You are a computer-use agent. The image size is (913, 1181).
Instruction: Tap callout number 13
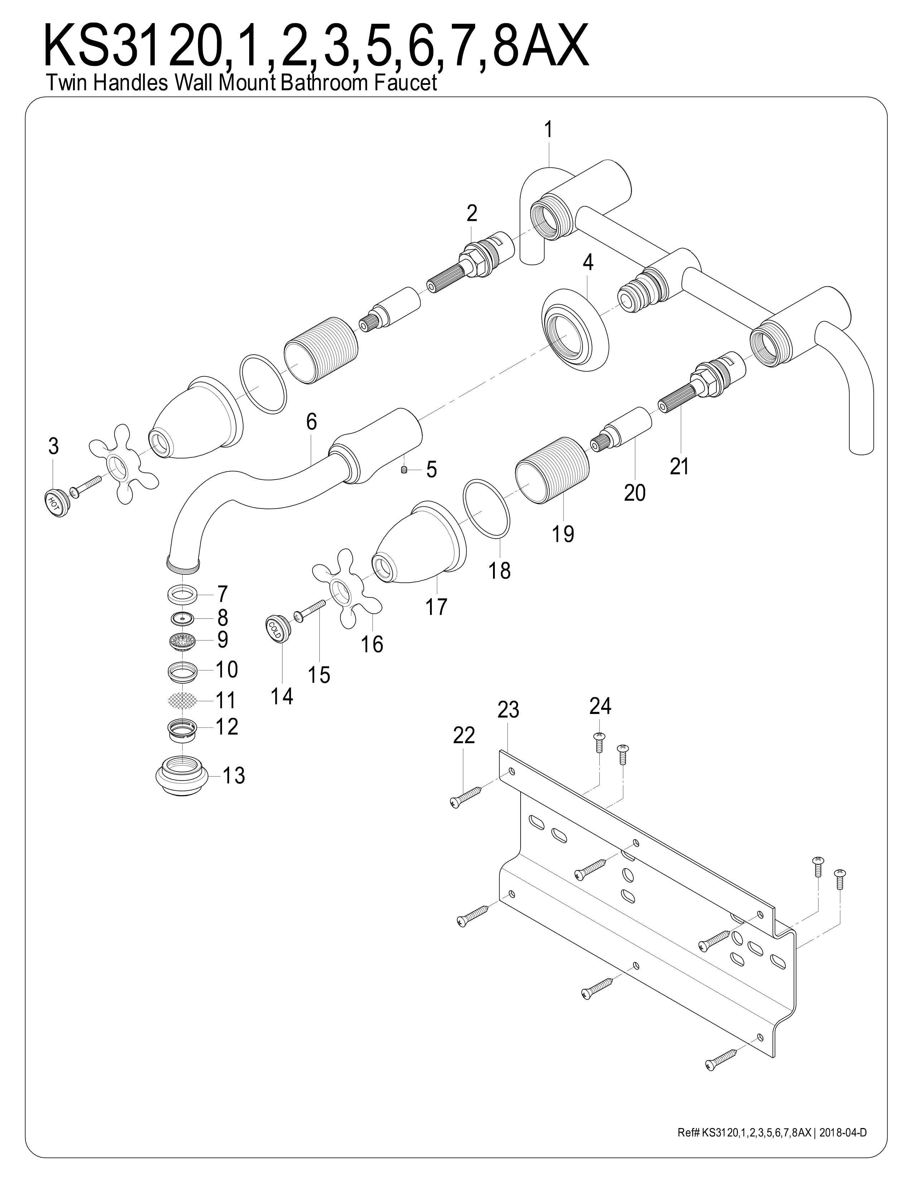click(234, 776)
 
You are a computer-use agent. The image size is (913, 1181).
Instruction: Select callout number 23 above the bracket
click(508, 709)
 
